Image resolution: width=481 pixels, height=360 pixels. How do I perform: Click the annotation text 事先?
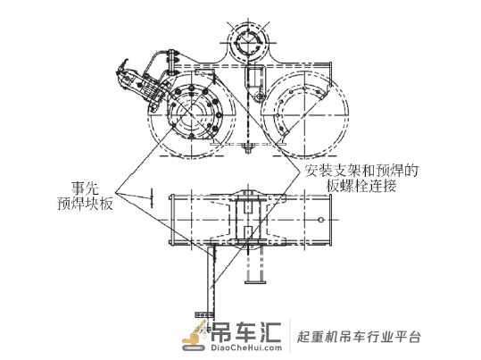click(x=85, y=188)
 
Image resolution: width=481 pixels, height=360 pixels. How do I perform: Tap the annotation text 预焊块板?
click(x=85, y=204)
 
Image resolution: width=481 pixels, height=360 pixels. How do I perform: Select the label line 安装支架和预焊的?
click(x=361, y=171)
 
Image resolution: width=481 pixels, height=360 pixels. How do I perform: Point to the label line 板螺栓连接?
click(x=361, y=186)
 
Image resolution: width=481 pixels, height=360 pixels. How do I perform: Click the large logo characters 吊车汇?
click(x=246, y=331)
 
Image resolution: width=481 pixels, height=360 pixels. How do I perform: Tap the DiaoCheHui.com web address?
click(x=246, y=347)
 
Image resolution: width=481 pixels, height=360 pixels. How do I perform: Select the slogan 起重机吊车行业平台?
click(x=359, y=337)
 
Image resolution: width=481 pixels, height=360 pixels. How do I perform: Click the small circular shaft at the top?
click(x=248, y=42)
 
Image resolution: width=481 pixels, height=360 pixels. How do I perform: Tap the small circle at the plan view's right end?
click(x=321, y=220)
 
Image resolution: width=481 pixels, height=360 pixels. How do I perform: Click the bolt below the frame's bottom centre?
click(x=247, y=148)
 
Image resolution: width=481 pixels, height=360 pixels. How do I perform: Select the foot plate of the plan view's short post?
click(x=255, y=282)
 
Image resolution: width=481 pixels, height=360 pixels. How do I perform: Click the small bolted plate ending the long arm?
click(x=204, y=314)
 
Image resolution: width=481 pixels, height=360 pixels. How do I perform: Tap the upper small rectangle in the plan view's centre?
click(x=248, y=206)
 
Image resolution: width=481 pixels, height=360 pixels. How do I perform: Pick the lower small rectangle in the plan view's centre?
click(x=248, y=233)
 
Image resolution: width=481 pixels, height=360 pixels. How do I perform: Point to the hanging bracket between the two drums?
click(x=254, y=80)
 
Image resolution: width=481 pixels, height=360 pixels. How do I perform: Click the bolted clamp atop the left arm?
click(x=171, y=60)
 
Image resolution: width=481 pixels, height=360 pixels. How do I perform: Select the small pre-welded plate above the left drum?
click(x=204, y=72)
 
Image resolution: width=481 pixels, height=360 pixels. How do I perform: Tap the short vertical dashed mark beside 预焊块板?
click(x=152, y=198)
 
